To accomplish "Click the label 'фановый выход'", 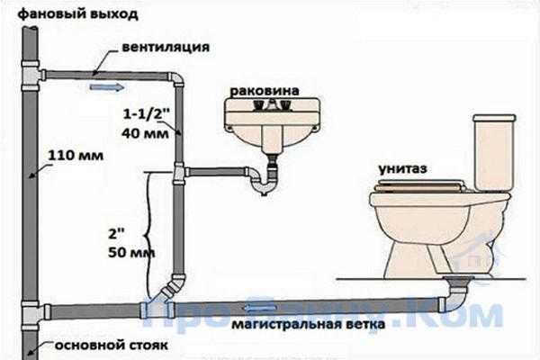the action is tap(77, 14).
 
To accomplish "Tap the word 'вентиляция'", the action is tap(166, 47).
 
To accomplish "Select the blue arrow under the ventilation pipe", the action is tap(107, 87).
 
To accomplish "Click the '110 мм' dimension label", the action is tap(76, 156).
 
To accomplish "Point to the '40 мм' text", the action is tap(145, 133).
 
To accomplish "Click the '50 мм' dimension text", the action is tap(131, 253).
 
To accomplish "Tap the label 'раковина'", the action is tap(265, 91).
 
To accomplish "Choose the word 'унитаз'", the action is tap(403, 169).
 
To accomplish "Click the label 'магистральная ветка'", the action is tap(308, 324).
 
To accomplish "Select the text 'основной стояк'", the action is tap(112, 346).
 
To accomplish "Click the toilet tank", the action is tap(494, 152).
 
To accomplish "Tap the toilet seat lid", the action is tap(420, 186).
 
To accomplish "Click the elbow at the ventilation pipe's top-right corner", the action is tap(175, 80).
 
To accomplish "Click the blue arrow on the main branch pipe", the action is tap(261, 308).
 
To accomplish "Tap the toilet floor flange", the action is tap(459, 280).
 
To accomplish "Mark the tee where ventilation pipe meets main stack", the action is tap(31, 76).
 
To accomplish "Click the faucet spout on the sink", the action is tap(272, 104).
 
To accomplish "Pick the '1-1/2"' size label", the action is tap(144, 114).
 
